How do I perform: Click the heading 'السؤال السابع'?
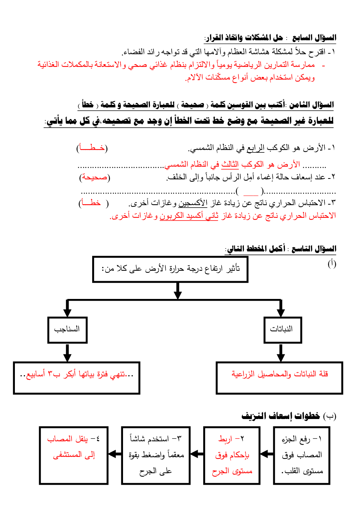[314, 38]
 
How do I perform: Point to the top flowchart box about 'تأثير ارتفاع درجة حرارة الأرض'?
[171, 269]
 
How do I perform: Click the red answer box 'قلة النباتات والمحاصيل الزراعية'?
[279, 378]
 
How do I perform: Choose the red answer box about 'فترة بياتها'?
[77, 378]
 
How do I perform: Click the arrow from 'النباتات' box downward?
[281, 352]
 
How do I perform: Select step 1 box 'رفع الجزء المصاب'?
[302, 455]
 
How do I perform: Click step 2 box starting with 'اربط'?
[232, 455]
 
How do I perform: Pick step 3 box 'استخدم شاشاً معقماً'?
[156, 455]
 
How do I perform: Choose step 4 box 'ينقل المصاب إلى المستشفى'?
[74, 455]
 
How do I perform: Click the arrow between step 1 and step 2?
[267, 454]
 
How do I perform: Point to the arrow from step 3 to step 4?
[115, 454]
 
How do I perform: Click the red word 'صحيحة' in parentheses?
[95, 177]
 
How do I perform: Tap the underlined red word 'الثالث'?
[230, 164]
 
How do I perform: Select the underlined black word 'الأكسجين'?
[193, 203]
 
